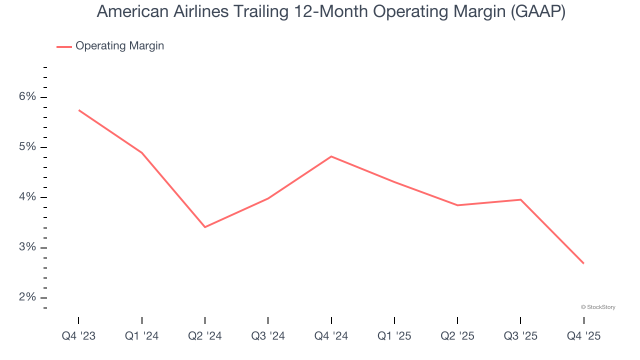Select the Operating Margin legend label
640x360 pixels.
click(119, 46)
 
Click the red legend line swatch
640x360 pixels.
click(64, 46)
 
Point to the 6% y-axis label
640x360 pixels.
click(28, 96)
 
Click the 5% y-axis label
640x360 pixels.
click(28, 147)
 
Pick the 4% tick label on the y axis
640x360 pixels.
click(28, 197)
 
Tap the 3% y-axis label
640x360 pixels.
click(28, 247)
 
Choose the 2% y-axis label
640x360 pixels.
click(28, 297)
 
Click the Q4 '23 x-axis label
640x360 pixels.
click(78, 336)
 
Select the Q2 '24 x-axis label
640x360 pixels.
click(205, 336)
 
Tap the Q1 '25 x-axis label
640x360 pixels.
click(394, 336)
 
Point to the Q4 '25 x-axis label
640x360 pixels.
click(583, 336)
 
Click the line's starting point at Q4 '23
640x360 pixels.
click(79, 110)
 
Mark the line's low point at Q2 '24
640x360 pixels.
click(205, 227)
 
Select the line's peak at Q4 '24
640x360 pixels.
click(331, 156)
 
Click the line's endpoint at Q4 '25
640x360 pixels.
click(583, 263)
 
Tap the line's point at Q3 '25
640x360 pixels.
click(520, 199)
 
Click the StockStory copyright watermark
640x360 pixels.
click(598, 307)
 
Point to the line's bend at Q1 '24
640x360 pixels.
click(142, 152)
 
